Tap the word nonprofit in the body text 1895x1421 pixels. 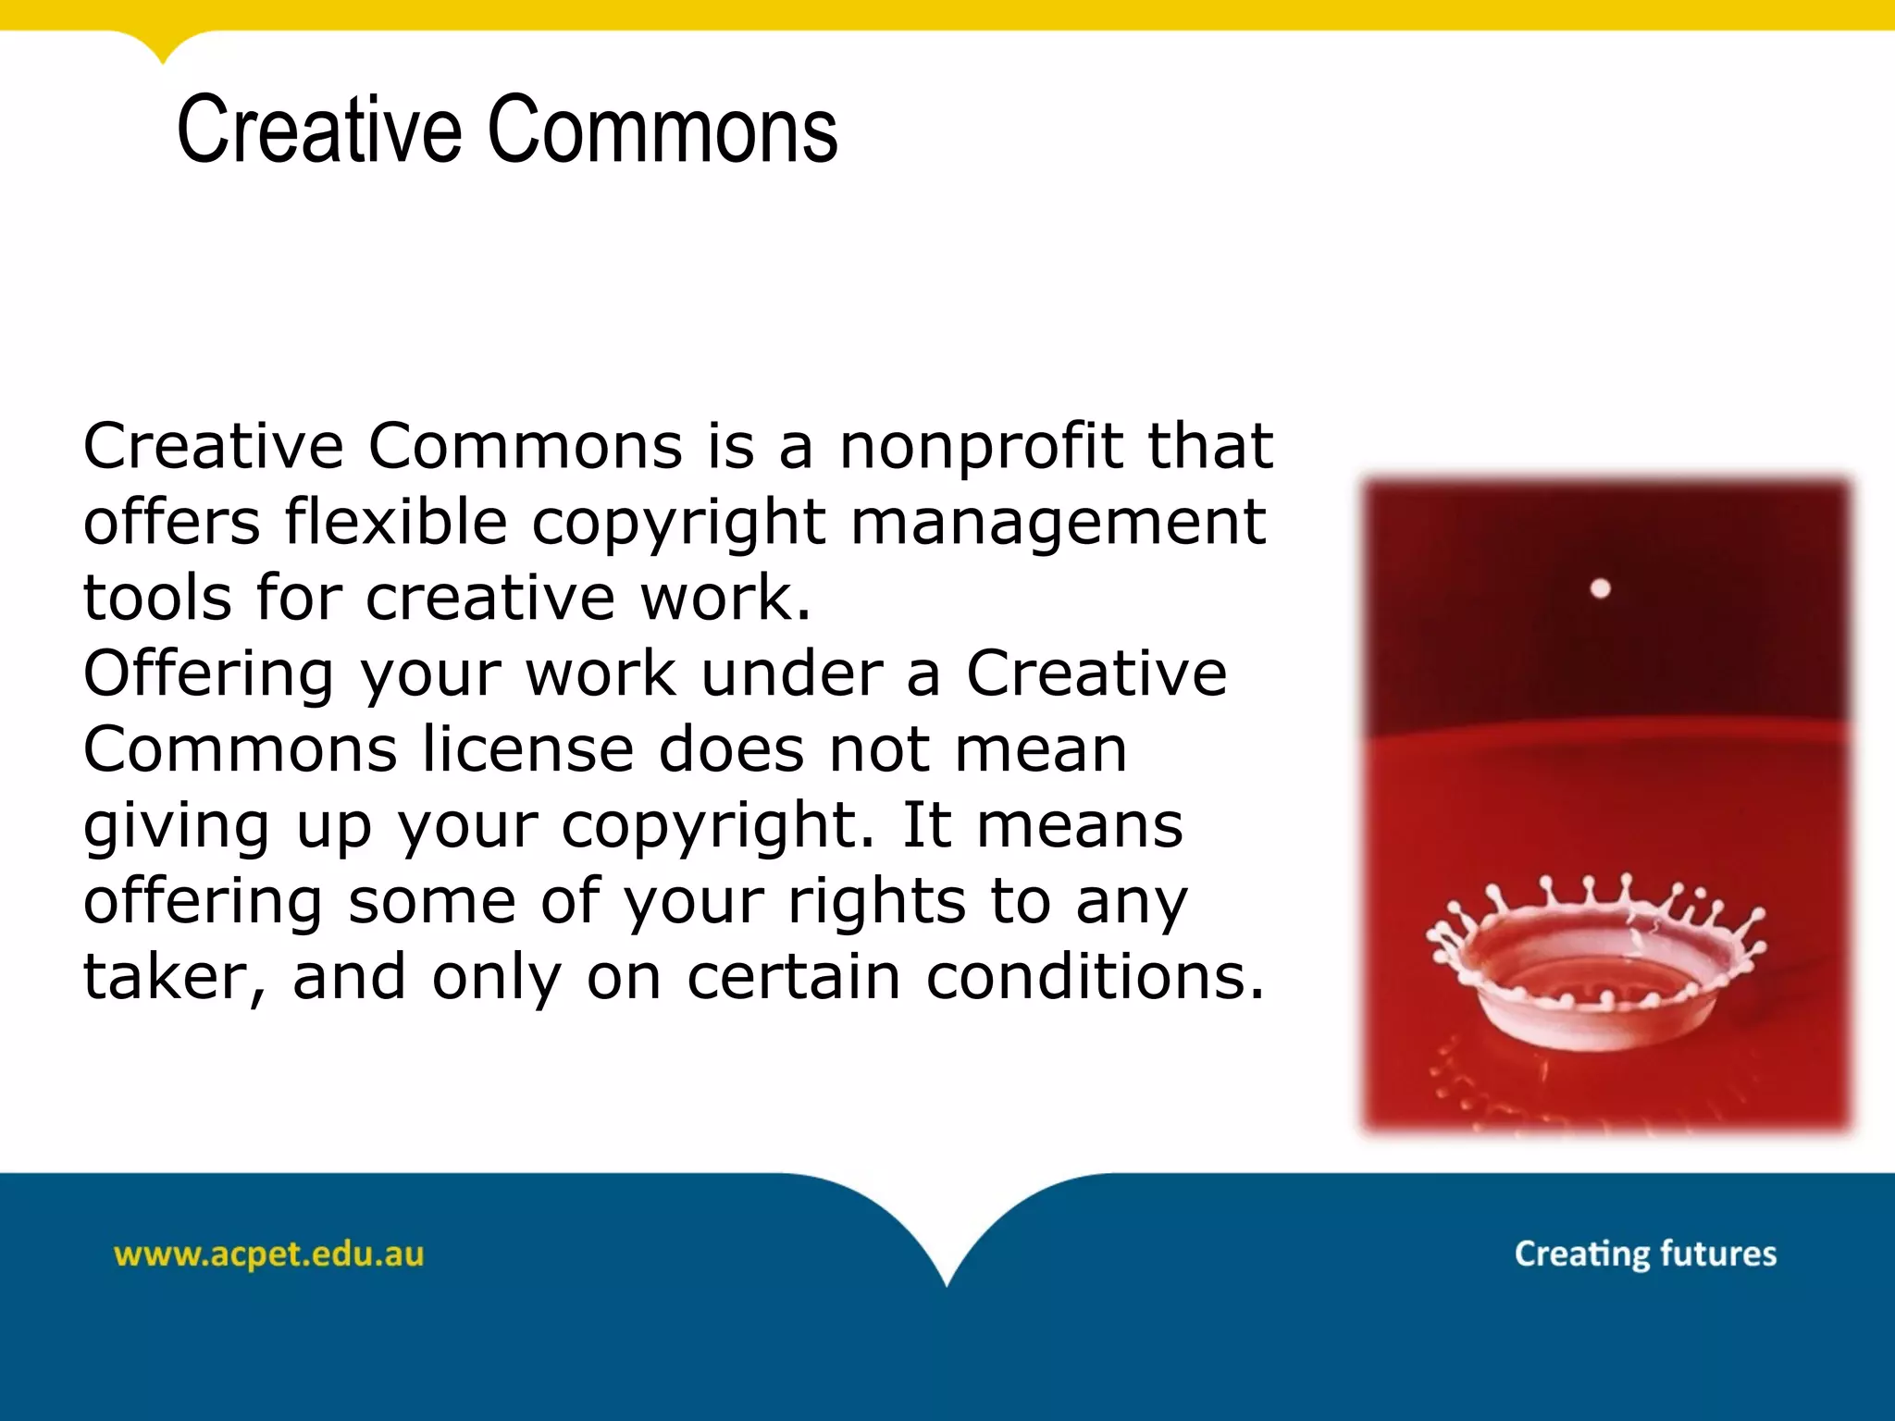pyautogui.click(x=980, y=447)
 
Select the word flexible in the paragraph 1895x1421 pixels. pyautogui.click(x=396, y=522)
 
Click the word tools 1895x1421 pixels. pyautogui.click(x=157, y=598)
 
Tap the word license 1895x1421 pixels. pyautogui.click(x=528, y=748)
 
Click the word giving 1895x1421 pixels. pyautogui.click(x=176, y=826)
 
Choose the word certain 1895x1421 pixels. pyautogui.click(x=793, y=977)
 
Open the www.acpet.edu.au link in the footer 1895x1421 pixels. pyautogui.click(x=268, y=1254)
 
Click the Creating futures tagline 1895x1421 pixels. pyautogui.click(x=1645, y=1254)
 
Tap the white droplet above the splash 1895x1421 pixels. pyautogui.click(x=1600, y=588)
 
